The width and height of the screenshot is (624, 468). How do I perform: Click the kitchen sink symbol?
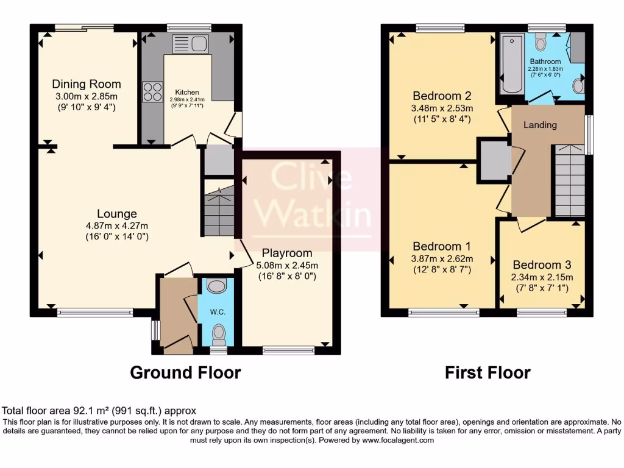coord(191,43)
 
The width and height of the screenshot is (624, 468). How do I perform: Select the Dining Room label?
coord(86,84)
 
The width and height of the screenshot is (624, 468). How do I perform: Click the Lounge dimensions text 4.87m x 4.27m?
coord(116,225)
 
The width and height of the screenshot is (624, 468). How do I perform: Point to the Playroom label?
coord(287,253)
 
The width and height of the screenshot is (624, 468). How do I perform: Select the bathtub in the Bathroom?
coord(511,64)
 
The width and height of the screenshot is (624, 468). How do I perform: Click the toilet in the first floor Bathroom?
coord(541,42)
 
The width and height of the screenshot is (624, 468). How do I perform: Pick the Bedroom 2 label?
coord(442,96)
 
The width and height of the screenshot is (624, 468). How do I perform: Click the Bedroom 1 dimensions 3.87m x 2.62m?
coord(442,258)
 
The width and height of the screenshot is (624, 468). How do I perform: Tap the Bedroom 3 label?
coord(542,265)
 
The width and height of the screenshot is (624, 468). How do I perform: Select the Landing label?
coord(540,125)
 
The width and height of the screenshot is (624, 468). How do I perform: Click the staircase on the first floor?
coord(569,180)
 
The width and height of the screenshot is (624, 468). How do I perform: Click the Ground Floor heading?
coord(185,372)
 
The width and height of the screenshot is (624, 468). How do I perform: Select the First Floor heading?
coord(487,372)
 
